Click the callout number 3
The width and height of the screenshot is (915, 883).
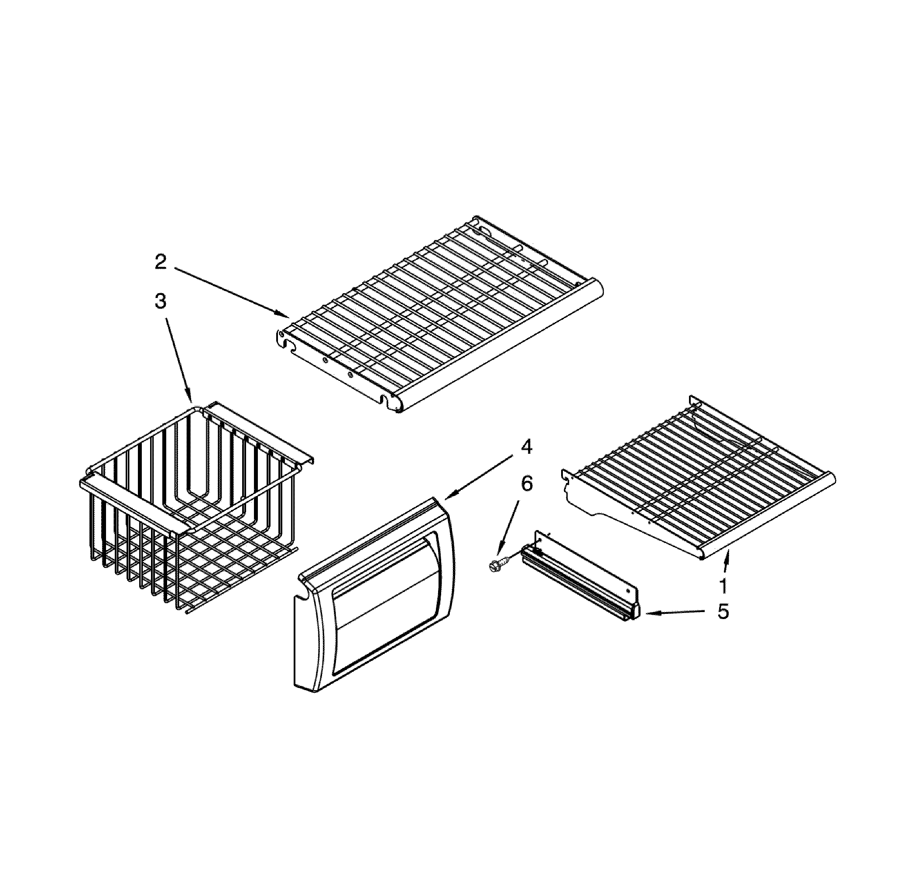point(160,301)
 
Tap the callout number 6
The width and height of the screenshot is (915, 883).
point(526,484)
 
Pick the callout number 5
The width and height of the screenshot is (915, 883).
point(723,611)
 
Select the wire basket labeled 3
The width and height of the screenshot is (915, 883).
point(192,509)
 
